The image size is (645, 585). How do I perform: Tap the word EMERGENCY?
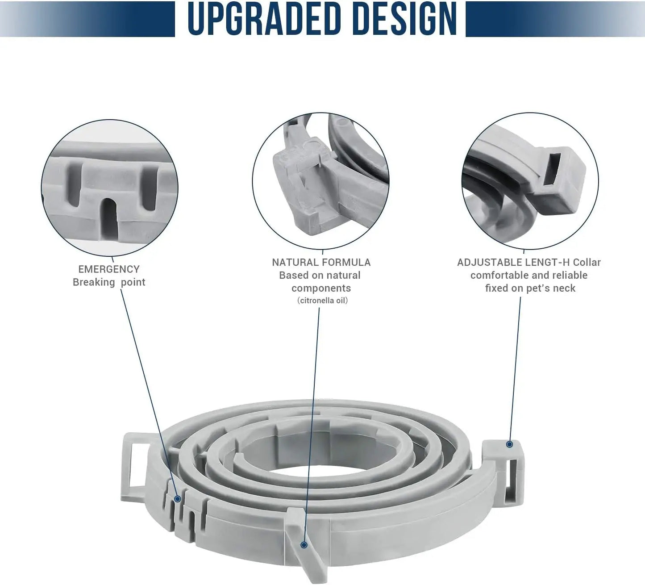[x=109, y=269]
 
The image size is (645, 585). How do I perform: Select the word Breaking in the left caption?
[x=94, y=282]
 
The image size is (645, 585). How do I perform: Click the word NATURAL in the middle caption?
[x=294, y=262]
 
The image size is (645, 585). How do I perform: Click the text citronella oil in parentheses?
[x=322, y=301]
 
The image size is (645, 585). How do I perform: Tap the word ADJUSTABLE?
[x=489, y=262]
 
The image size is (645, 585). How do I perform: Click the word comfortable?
[x=499, y=276]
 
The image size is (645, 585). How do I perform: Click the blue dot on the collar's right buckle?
[x=509, y=444]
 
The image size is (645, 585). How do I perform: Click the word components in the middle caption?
[x=321, y=288]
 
